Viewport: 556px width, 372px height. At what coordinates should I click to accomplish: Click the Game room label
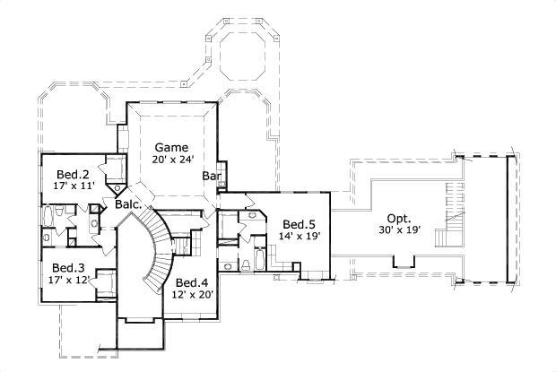(170, 147)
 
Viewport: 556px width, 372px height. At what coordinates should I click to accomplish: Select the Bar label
(212, 176)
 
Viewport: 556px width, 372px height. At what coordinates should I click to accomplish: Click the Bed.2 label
(73, 174)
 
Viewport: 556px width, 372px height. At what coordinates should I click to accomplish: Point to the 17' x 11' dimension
(74, 186)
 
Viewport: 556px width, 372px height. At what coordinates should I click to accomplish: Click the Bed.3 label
(68, 267)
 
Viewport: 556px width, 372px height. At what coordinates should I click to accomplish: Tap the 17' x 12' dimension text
(69, 280)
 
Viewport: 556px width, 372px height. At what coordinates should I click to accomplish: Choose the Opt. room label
(400, 218)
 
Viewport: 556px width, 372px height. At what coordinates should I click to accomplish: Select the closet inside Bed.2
(115, 169)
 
